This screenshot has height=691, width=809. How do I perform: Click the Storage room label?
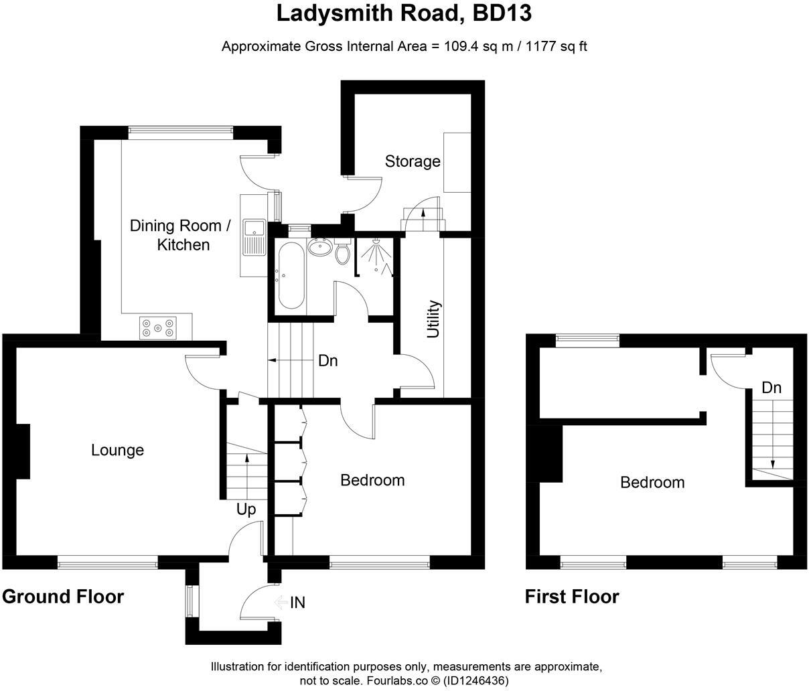[413, 161]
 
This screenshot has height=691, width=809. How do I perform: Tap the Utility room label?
[434, 319]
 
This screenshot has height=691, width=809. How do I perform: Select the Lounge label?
[117, 450]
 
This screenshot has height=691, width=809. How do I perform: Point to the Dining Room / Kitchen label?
[180, 235]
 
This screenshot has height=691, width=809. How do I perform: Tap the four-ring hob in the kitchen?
[158, 327]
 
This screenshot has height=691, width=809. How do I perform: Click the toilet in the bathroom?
[342, 252]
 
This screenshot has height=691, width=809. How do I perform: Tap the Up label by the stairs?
[246, 510]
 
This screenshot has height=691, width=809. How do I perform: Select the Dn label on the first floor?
[771, 388]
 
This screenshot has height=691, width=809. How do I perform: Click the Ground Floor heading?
[63, 596]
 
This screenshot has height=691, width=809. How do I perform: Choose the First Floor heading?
[572, 596]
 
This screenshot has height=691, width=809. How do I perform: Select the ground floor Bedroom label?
[372, 480]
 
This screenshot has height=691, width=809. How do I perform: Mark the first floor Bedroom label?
[652, 482]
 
